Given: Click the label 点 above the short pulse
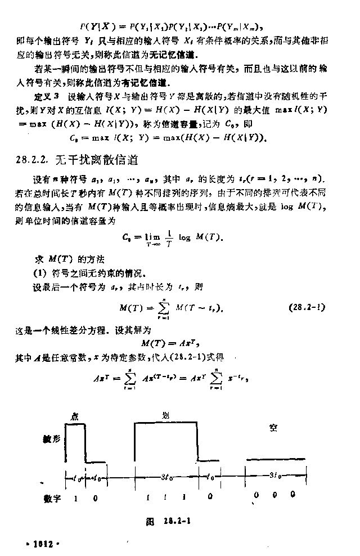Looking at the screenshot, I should tap(74, 416).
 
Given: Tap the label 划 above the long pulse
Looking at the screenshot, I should tap(165, 415).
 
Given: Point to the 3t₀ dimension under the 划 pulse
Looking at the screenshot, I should tap(166, 477).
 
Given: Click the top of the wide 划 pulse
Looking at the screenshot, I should tap(165, 422).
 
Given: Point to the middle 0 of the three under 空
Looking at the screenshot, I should tap(274, 494).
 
